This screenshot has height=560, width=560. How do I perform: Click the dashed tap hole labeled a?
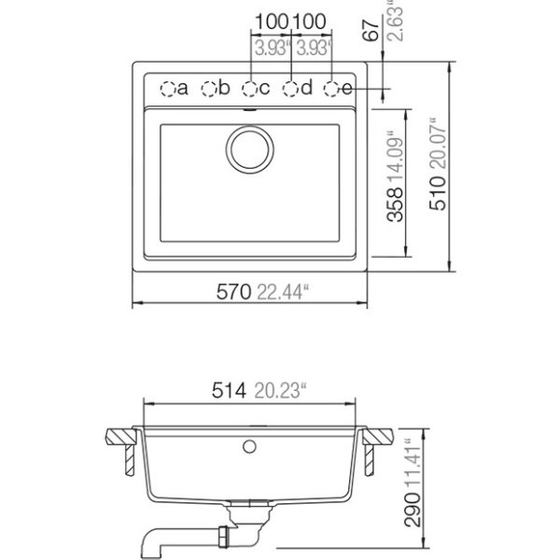pos(167,89)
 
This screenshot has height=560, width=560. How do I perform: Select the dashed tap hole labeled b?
pos(208,89)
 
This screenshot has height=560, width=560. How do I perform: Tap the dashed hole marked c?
pos(249,89)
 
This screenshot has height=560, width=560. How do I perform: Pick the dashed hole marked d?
pos(290,89)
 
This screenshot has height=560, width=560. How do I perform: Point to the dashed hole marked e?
pos(331,89)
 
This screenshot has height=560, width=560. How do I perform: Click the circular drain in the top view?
pos(250,148)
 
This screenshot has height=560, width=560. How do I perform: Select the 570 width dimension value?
pos(234,292)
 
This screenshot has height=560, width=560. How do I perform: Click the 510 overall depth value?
pos(439,193)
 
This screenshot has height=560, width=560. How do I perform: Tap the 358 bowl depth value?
pos(396,204)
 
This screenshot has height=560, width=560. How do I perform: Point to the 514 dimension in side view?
pos(229,390)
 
